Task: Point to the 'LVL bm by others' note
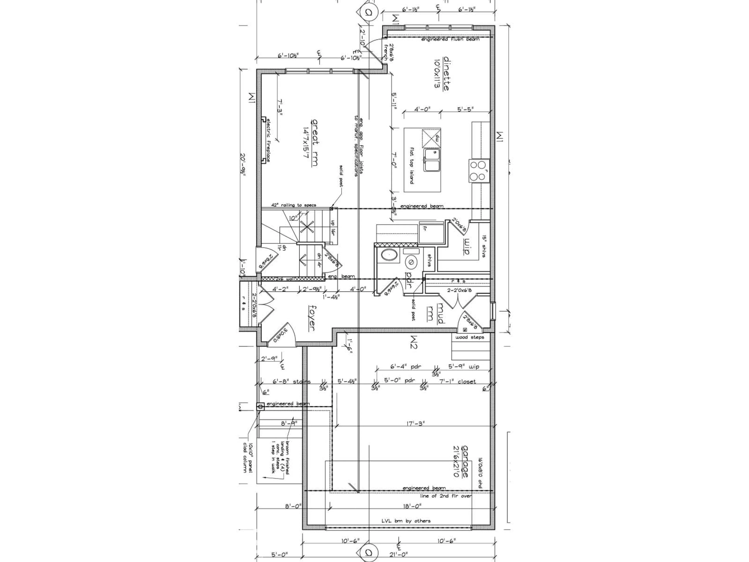click(406, 521)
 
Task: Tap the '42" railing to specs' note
click(294, 205)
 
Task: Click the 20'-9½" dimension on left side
click(242, 169)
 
